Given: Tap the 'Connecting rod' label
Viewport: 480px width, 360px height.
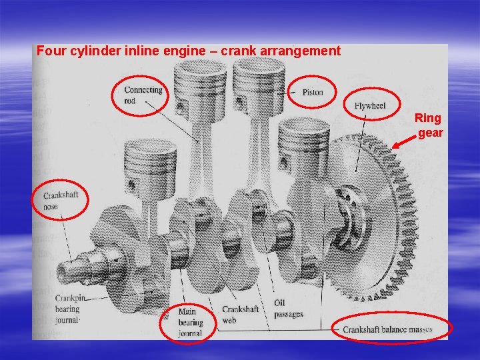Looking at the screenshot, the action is tap(143, 95).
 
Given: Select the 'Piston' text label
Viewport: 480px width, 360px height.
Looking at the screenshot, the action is tap(312, 92).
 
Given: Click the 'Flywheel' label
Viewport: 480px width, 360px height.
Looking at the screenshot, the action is tap(369, 106).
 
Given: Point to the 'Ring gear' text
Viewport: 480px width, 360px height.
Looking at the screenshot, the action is tap(428, 125).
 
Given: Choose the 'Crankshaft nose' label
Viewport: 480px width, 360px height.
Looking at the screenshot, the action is tap(61, 200).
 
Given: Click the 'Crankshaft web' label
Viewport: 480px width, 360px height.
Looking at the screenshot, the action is tap(241, 314).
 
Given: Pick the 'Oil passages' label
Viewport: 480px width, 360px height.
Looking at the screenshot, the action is tap(288, 308).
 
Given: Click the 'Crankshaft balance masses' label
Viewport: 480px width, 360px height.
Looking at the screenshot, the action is tap(387, 329).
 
